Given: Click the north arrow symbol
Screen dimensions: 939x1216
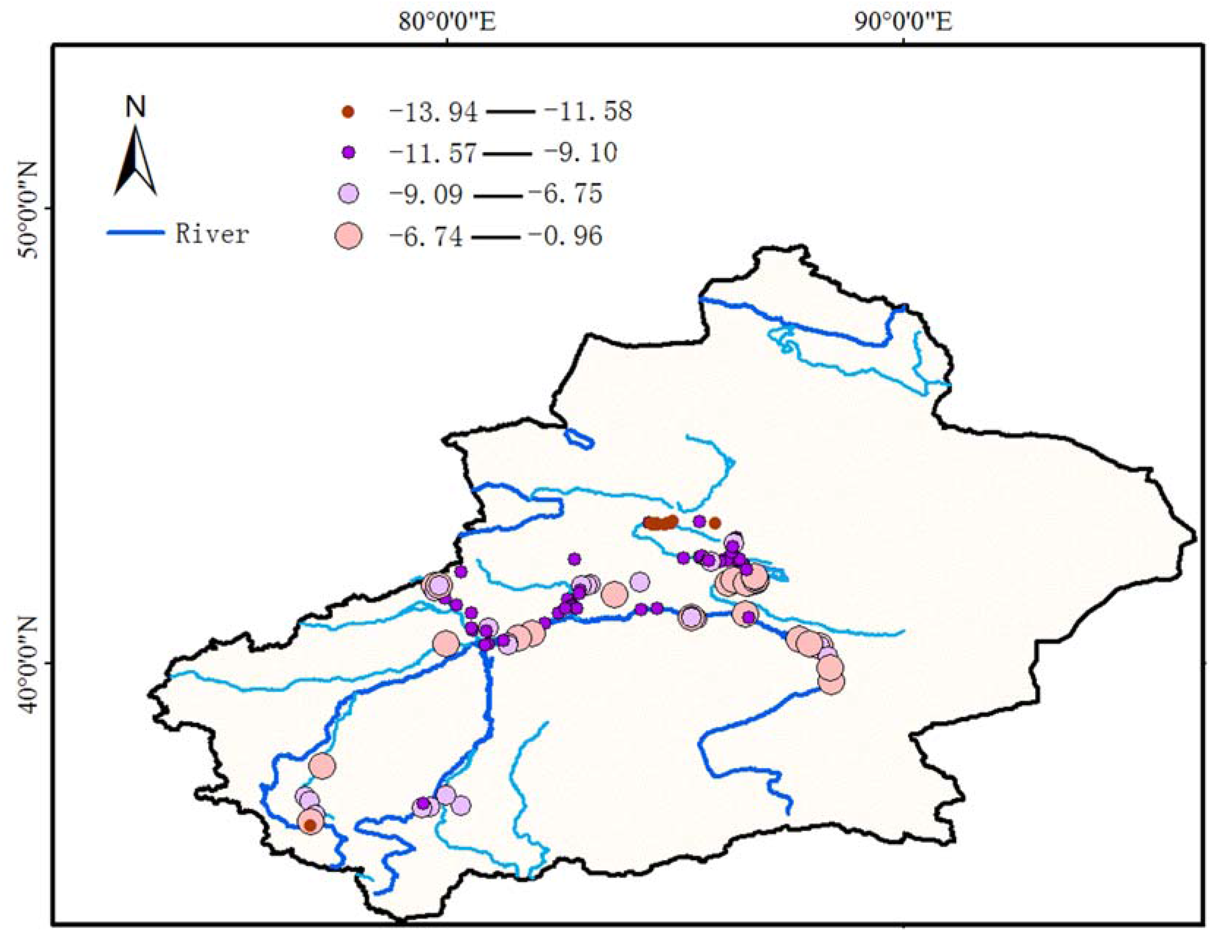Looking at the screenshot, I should point(135,161).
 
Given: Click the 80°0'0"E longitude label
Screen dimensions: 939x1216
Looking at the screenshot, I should point(447,22).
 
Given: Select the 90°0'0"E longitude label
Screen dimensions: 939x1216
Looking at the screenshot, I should point(903,22).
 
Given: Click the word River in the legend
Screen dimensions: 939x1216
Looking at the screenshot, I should point(211,233).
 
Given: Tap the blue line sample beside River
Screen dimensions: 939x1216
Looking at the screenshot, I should point(135,233).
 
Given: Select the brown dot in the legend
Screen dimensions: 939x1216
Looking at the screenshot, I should point(349,112).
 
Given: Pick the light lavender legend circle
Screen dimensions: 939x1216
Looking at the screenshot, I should point(349,194).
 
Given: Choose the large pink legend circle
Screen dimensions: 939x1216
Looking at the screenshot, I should point(349,236).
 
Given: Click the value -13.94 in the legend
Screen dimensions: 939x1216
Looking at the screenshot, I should point(433,112).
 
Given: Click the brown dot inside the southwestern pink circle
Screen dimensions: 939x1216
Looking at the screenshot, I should point(311,826).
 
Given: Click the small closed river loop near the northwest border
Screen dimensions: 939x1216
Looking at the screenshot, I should point(579,439).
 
